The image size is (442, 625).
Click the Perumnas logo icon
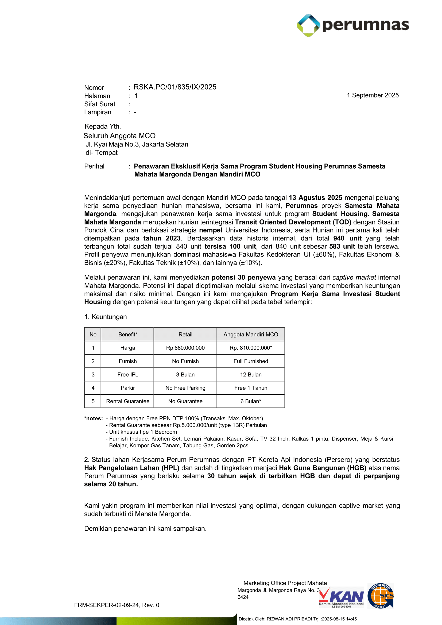coord(308,25)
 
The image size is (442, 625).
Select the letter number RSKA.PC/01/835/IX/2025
coord(175,87)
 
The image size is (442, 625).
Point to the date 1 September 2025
coord(372,95)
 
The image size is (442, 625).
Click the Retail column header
coord(185,335)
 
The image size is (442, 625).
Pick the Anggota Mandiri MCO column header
coord(250,335)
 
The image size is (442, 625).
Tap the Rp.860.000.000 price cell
coord(185,348)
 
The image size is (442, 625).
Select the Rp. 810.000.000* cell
coord(250,348)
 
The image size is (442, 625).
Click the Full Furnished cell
coord(250,361)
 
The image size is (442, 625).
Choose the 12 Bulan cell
coord(250,375)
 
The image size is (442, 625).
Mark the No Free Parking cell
coord(185,388)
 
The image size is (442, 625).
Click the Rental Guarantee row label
coord(128,401)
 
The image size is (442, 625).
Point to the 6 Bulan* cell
coord(250,401)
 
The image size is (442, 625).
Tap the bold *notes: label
coord(93,418)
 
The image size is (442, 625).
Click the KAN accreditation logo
coord(341,597)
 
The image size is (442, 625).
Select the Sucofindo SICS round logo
coord(380,596)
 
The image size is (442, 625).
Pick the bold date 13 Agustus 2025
coord(315,198)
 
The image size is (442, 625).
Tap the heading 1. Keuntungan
coord(105,317)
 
